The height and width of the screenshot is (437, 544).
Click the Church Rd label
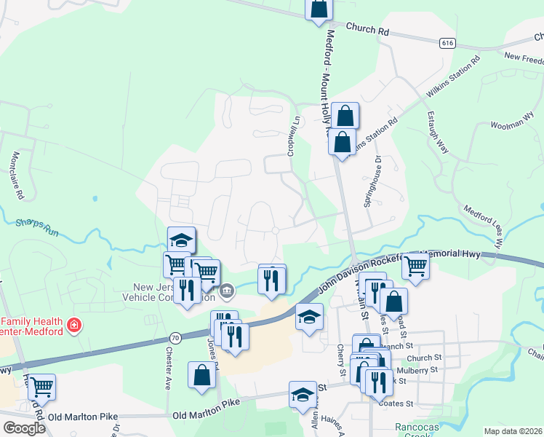[368, 31]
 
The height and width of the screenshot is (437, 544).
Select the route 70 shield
[175, 337]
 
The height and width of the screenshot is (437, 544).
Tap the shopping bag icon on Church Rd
[319, 8]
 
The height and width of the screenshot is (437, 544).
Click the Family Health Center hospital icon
[73, 325]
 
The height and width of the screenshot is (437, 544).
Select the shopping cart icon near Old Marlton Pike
[41, 386]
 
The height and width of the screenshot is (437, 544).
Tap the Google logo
[24, 428]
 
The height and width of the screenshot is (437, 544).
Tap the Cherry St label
[340, 361]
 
